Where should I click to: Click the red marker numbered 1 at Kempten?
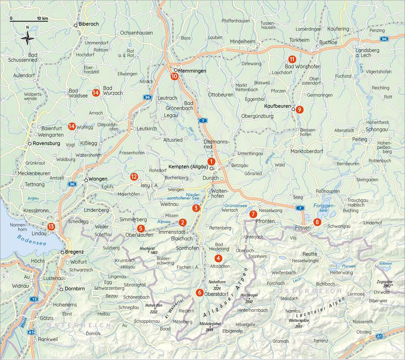(211, 161)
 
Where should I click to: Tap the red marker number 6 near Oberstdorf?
(199, 293)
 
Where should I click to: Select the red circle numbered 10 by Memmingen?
(174, 77)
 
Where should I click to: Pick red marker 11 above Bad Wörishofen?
(292, 59)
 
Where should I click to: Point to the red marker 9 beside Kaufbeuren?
(299, 110)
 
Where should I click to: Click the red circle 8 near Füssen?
(317, 222)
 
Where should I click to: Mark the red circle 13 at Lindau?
(51, 227)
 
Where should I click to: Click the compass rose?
(27, 39)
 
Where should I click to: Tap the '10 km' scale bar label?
(42, 18)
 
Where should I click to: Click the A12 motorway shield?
(380, 336)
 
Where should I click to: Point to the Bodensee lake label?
(31, 240)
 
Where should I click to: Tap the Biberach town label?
(89, 24)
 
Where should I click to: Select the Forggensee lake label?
(324, 208)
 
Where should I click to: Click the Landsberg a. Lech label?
(367, 53)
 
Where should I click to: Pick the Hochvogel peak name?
(249, 296)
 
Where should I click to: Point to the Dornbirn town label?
(75, 289)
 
